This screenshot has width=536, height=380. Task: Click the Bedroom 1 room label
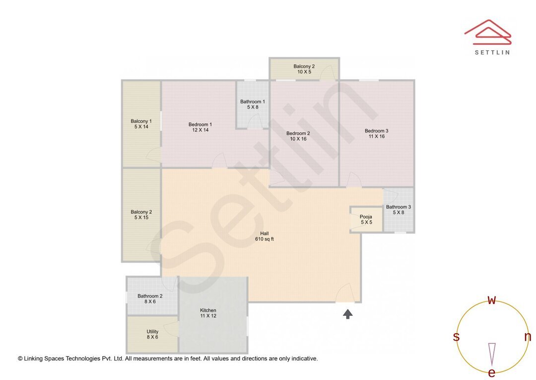click(x=200, y=124)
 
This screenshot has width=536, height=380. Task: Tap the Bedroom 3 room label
click(x=376, y=131)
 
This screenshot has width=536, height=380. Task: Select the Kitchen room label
click(x=208, y=310)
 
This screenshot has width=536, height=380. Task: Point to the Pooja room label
click(x=366, y=216)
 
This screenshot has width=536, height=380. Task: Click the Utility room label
click(x=152, y=332)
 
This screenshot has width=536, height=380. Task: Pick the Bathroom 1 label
click(x=253, y=101)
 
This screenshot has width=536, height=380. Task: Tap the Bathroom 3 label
click(x=399, y=207)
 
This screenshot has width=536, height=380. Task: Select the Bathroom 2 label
click(x=150, y=296)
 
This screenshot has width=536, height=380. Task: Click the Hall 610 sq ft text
click(x=264, y=236)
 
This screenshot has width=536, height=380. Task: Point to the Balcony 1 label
click(x=141, y=121)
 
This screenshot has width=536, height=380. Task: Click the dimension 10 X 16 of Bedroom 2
click(x=298, y=139)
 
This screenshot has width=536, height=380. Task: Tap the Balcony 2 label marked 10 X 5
click(x=304, y=66)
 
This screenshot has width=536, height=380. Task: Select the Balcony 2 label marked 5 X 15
click(x=141, y=212)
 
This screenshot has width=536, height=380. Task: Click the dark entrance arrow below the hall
click(x=348, y=314)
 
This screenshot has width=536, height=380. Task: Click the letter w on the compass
click(x=492, y=300)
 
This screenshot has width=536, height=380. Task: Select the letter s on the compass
click(x=456, y=337)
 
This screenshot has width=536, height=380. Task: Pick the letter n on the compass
click(x=528, y=337)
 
